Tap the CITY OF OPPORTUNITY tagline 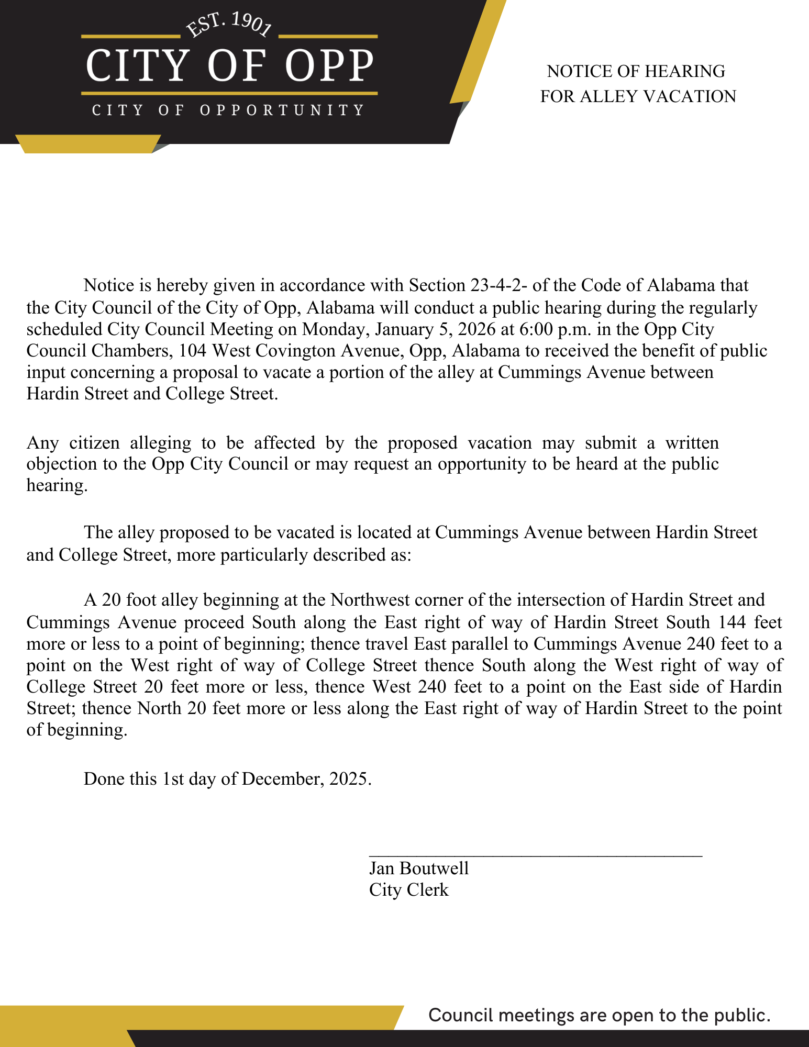pos(228,110)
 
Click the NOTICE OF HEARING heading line pos(636,71)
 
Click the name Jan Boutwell pos(419,868)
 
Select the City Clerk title pos(408,890)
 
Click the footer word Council pos(461,1016)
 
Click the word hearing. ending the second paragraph pos(57,486)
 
